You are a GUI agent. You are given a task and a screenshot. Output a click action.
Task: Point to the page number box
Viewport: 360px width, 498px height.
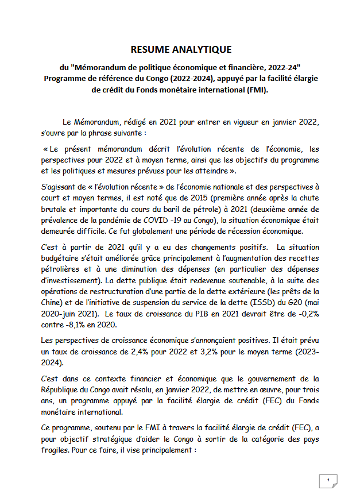pyautogui.click(x=328, y=480)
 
